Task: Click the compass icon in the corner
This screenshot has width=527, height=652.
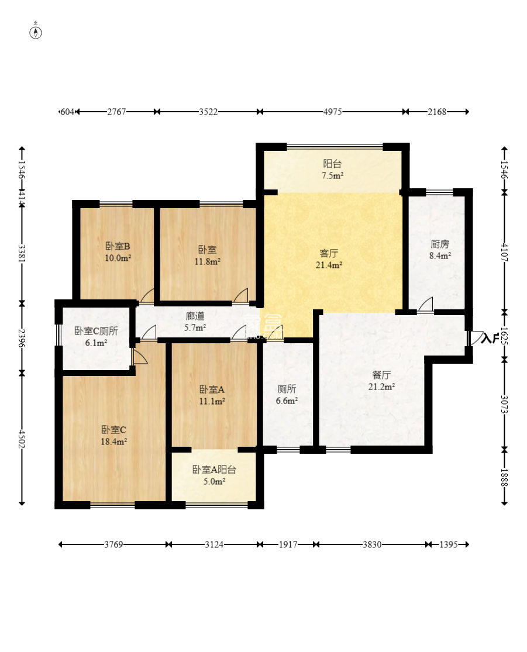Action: pyautogui.click(x=36, y=32)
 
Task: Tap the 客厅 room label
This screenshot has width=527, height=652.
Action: pyautogui.click(x=329, y=253)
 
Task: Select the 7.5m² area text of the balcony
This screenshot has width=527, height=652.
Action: pyautogui.click(x=332, y=175)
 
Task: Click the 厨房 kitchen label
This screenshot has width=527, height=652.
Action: pyautogui.click(x=440, y=244)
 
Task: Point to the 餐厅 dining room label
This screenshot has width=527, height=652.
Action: pyautogui.click(x=381, y=375)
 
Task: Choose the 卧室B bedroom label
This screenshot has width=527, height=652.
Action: pyautogui.click(x=118, y=246)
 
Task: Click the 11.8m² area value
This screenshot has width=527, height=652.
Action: pyautogui.click(x=207, y=261)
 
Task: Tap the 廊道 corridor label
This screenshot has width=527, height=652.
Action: pyautogui.click(x=195, y=316)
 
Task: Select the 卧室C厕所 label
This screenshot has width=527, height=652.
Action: pyautogui.click(x=96, y=330)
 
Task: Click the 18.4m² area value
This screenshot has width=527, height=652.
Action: pyautogui.click(x=113, y=441)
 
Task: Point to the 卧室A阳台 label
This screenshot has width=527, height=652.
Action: pyautogui.click(x=214, y=470)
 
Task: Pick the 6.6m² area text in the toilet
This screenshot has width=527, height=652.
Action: pyautogui.click(x=287, y=401)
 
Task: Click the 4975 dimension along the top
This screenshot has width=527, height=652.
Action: pyautogui.click(x=332, y=112)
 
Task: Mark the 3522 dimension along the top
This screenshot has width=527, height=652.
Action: pyautogui.click(x=208, y=112)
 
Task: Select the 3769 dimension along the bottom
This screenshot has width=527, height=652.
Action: pyautogui.click(x=113, y=544)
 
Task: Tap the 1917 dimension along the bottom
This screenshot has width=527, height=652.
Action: pyautogui.click(x=287, y=544)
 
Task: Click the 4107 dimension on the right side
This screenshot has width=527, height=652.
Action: pyautogui.click(x=505, y=253)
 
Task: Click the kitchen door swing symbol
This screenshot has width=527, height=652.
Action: pyautogui.click(x=425, y=304)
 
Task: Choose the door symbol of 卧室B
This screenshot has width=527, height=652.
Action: pyautogui.click(x=146, y=295)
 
